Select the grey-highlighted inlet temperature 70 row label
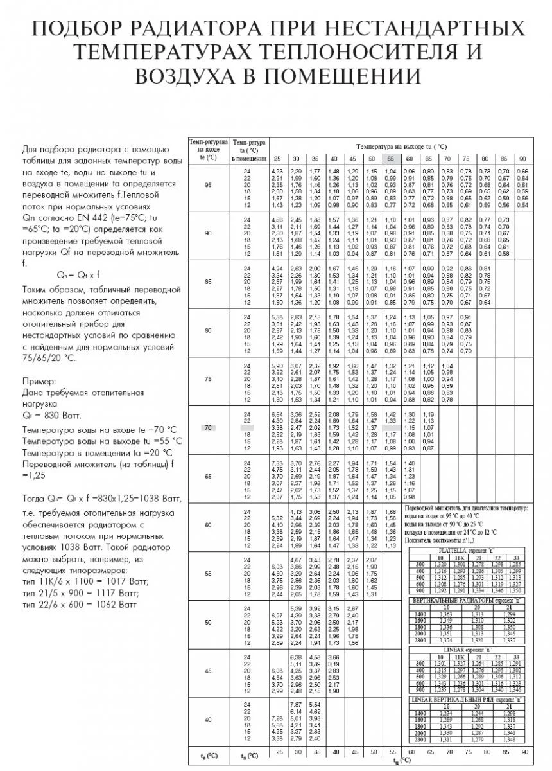coord(207,427)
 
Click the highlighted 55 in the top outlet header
coord(390,159)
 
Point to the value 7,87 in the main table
coord(297,704)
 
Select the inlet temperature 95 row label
coord(207,185)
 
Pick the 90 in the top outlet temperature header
coord(522,159)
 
